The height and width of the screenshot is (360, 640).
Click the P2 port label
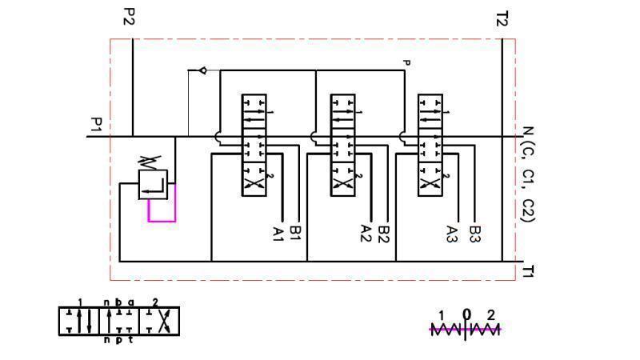pyautogui.click(x=128, y=17)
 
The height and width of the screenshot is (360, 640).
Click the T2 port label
pyautogui.click(x=502, y=18)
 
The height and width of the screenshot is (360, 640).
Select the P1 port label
pyautogui.click(x=95, y=126)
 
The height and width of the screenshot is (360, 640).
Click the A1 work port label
pyautogui.click(x=278, y=234)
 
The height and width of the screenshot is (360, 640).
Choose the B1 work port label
pyautogui.click(x=296, y=233)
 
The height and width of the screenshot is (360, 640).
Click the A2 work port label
pyautogui.click(x=366, y=234)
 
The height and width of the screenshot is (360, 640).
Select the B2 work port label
pyautogui.click(x=384, y=234)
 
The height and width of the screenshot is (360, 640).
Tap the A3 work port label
pyautogui.click(x=453, y=234)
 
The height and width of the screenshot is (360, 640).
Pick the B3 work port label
pyautogui.click(x=475, y=234)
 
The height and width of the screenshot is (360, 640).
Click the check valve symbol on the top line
pyautogui.click(x=202, y=70)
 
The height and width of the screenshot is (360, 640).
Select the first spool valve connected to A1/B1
pyautogui.click(x=254, y=145)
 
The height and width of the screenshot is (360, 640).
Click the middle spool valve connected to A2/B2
pyautogui.click(x=342, y=145)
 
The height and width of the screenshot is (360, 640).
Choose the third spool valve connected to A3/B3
pyautogui.click(x=430, y=145)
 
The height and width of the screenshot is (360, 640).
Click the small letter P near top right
pyautogui.click(x=406, y=62)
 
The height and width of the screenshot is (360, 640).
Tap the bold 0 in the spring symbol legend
pyautogui.click(x=466, y=314)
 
